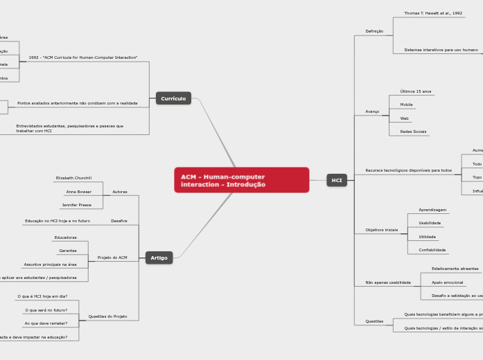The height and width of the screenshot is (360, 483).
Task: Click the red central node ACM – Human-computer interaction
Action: tap(241, 180)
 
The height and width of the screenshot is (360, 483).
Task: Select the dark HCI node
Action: tap(337, 180)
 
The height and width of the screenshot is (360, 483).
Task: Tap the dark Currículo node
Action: tap(173, 98)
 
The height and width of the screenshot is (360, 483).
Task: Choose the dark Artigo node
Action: tap(159, 258)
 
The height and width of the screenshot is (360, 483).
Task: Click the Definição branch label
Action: tap(374, 31)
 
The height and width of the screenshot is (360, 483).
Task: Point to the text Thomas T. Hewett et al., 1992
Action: tap(433, 13)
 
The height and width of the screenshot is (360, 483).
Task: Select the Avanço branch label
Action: tap(372, 111)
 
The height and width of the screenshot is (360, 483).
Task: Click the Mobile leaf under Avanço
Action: tap(406, 105)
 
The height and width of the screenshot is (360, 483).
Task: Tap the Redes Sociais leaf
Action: tap(413, 131)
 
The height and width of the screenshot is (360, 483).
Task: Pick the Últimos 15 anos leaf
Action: tap(416, 91)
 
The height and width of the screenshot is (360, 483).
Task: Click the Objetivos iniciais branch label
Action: tap(382, 230)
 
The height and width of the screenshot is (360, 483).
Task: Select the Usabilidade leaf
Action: tap(430, 223)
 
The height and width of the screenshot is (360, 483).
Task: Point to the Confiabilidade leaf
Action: tap(432, 250)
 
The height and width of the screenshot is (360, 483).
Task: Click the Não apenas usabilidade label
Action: tap(388, 282)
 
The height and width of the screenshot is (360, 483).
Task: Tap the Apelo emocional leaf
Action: tap(448, 282)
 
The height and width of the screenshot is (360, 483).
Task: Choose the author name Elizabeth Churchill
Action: tap(73, 178)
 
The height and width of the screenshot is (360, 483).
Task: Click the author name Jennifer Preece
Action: tap(76, 205)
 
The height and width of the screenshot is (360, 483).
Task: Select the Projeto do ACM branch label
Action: tap(112, 258)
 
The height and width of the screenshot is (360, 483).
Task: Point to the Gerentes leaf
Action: tap(68, 251)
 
